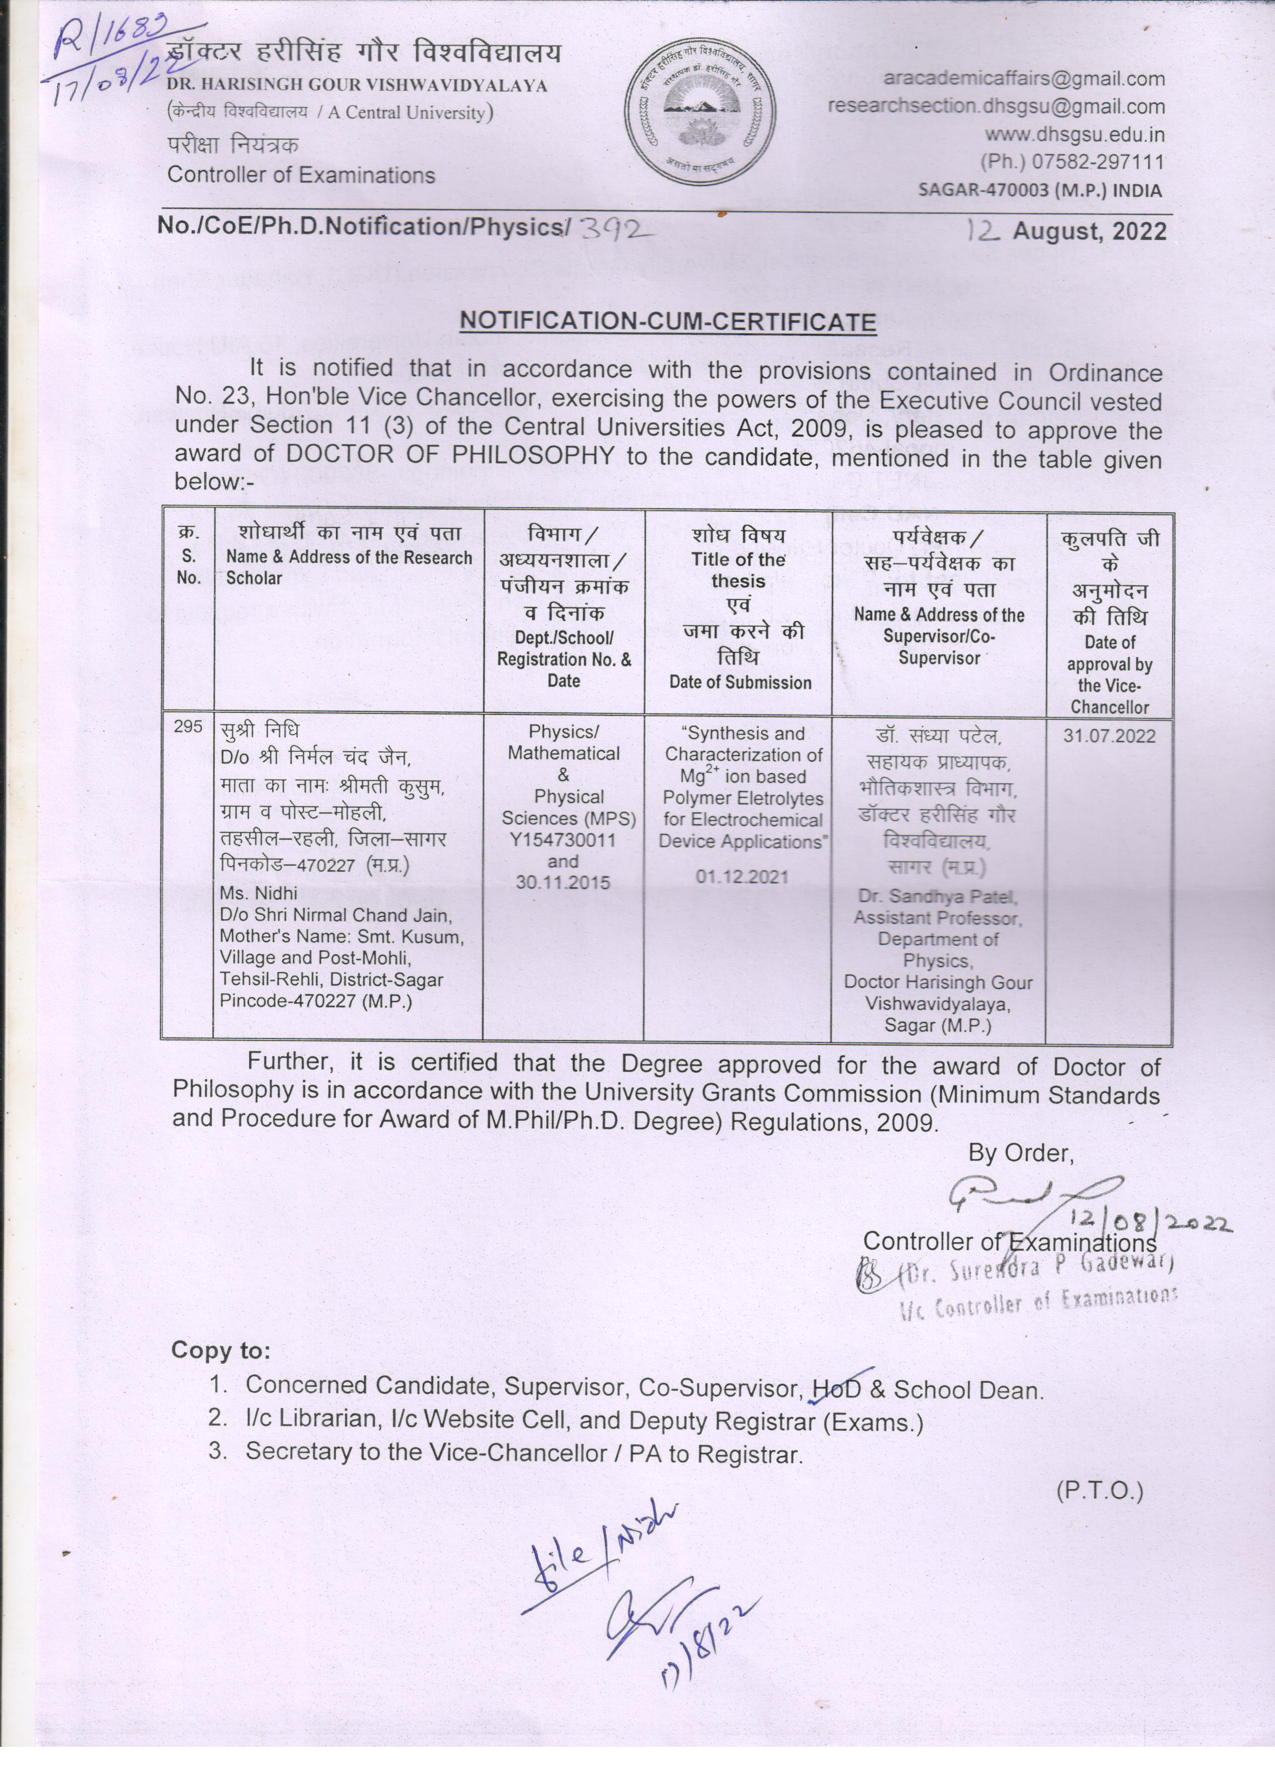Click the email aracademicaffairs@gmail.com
coord(1024,79)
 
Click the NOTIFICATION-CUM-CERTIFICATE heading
coord(668,321)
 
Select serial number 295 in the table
coord(188,726)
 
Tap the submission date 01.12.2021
coord(741,877)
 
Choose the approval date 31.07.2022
coord(1109,737)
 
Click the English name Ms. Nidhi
coord(254,893)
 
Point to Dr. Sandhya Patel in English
coord(938,896)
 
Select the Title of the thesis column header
coord(738,570)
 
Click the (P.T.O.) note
coord(1099,1491)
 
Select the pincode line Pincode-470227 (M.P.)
coord(316,1002)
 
